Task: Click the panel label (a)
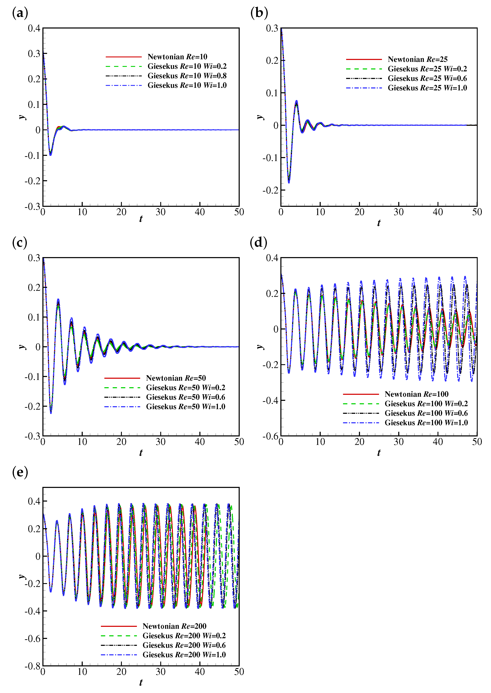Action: pyautogui.click(x=20, y=13)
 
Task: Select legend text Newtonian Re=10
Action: pyautogui.click(x=177, y=57)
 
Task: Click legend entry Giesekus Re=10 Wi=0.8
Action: pyautogui.click(x=187, y=76)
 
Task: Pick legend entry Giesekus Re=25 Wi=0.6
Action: pyautogui.click(x=427, y=78)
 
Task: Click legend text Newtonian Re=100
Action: pyautogui.click(x=416, y=394)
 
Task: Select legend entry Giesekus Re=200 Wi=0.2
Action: pyautogui.click(x=184, y=636)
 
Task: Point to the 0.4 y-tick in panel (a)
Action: pyautogui.click(x=34, y=28)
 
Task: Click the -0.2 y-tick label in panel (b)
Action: pyautogui.click(x=270, y=190)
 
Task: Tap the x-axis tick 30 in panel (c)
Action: pyautogui.click(x=161, y=442)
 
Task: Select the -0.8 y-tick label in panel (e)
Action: pyautogui.click(x=32, y=666)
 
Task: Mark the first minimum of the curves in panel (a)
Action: pyautogui.click(x=51, y=155)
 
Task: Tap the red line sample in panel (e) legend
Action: pyautogui.click(x=119, y=626)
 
